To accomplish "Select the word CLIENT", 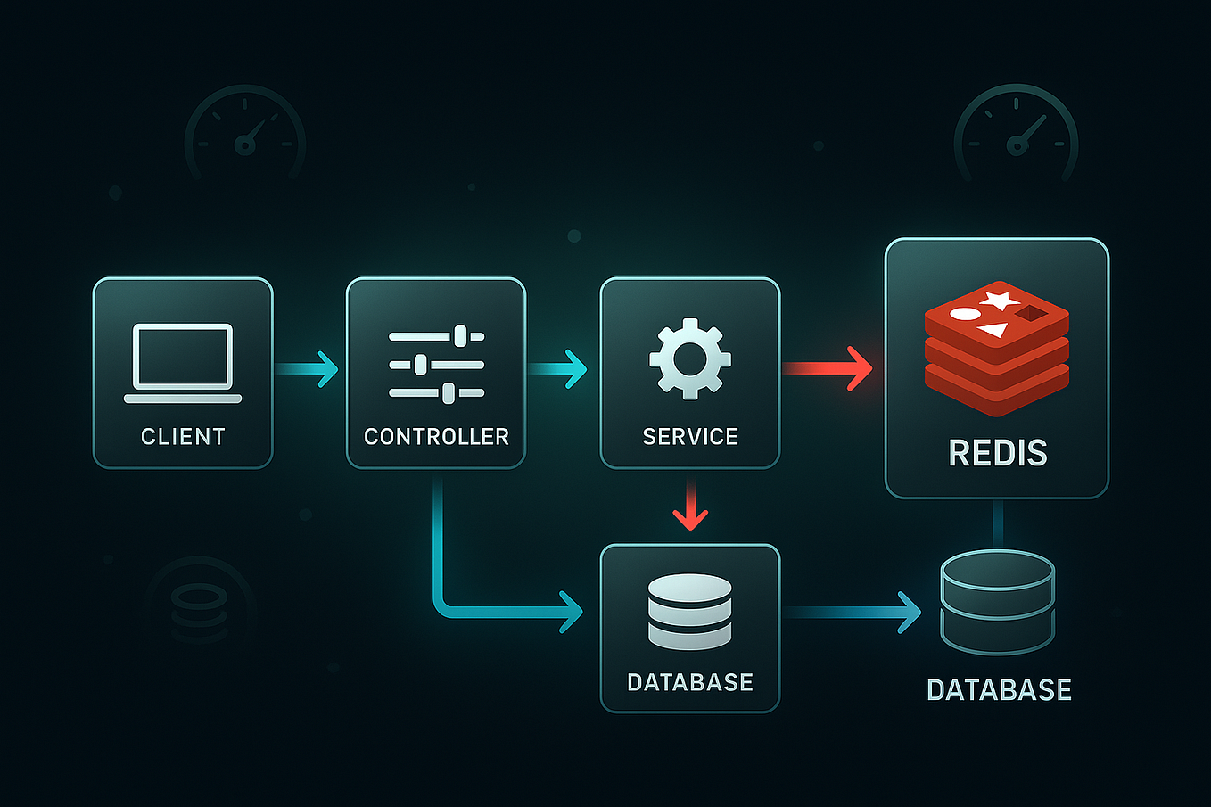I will pos(183,436).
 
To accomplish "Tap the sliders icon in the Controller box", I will pos(436,364).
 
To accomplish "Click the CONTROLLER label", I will pos(436,436).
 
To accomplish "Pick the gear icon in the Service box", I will pos(689,358).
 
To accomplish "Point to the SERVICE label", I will pos(690,436).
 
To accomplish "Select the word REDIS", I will pos(997,453).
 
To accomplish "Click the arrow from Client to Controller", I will pos(309,368).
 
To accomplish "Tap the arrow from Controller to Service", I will pos(559,368).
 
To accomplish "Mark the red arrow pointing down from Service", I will pos(690,506).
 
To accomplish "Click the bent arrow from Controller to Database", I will pos(482,610).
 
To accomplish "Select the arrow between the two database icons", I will pos(852,612).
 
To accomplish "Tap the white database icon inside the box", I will pos(689,612).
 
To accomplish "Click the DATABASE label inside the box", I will pos(690,682).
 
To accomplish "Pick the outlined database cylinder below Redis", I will pos(997,602).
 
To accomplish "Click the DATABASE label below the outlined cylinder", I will pos(999,689).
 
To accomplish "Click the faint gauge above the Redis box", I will pos(1016,134).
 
